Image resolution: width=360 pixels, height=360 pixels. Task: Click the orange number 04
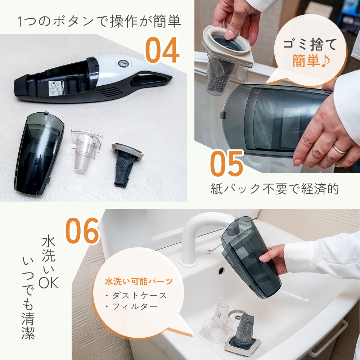[x=162, y=50]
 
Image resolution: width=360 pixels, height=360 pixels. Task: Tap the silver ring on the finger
[x=339, y=149]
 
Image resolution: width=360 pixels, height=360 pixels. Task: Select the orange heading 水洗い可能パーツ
[x=139, y=281]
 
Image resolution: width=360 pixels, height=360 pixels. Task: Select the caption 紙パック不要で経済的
[x=275, y=189]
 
